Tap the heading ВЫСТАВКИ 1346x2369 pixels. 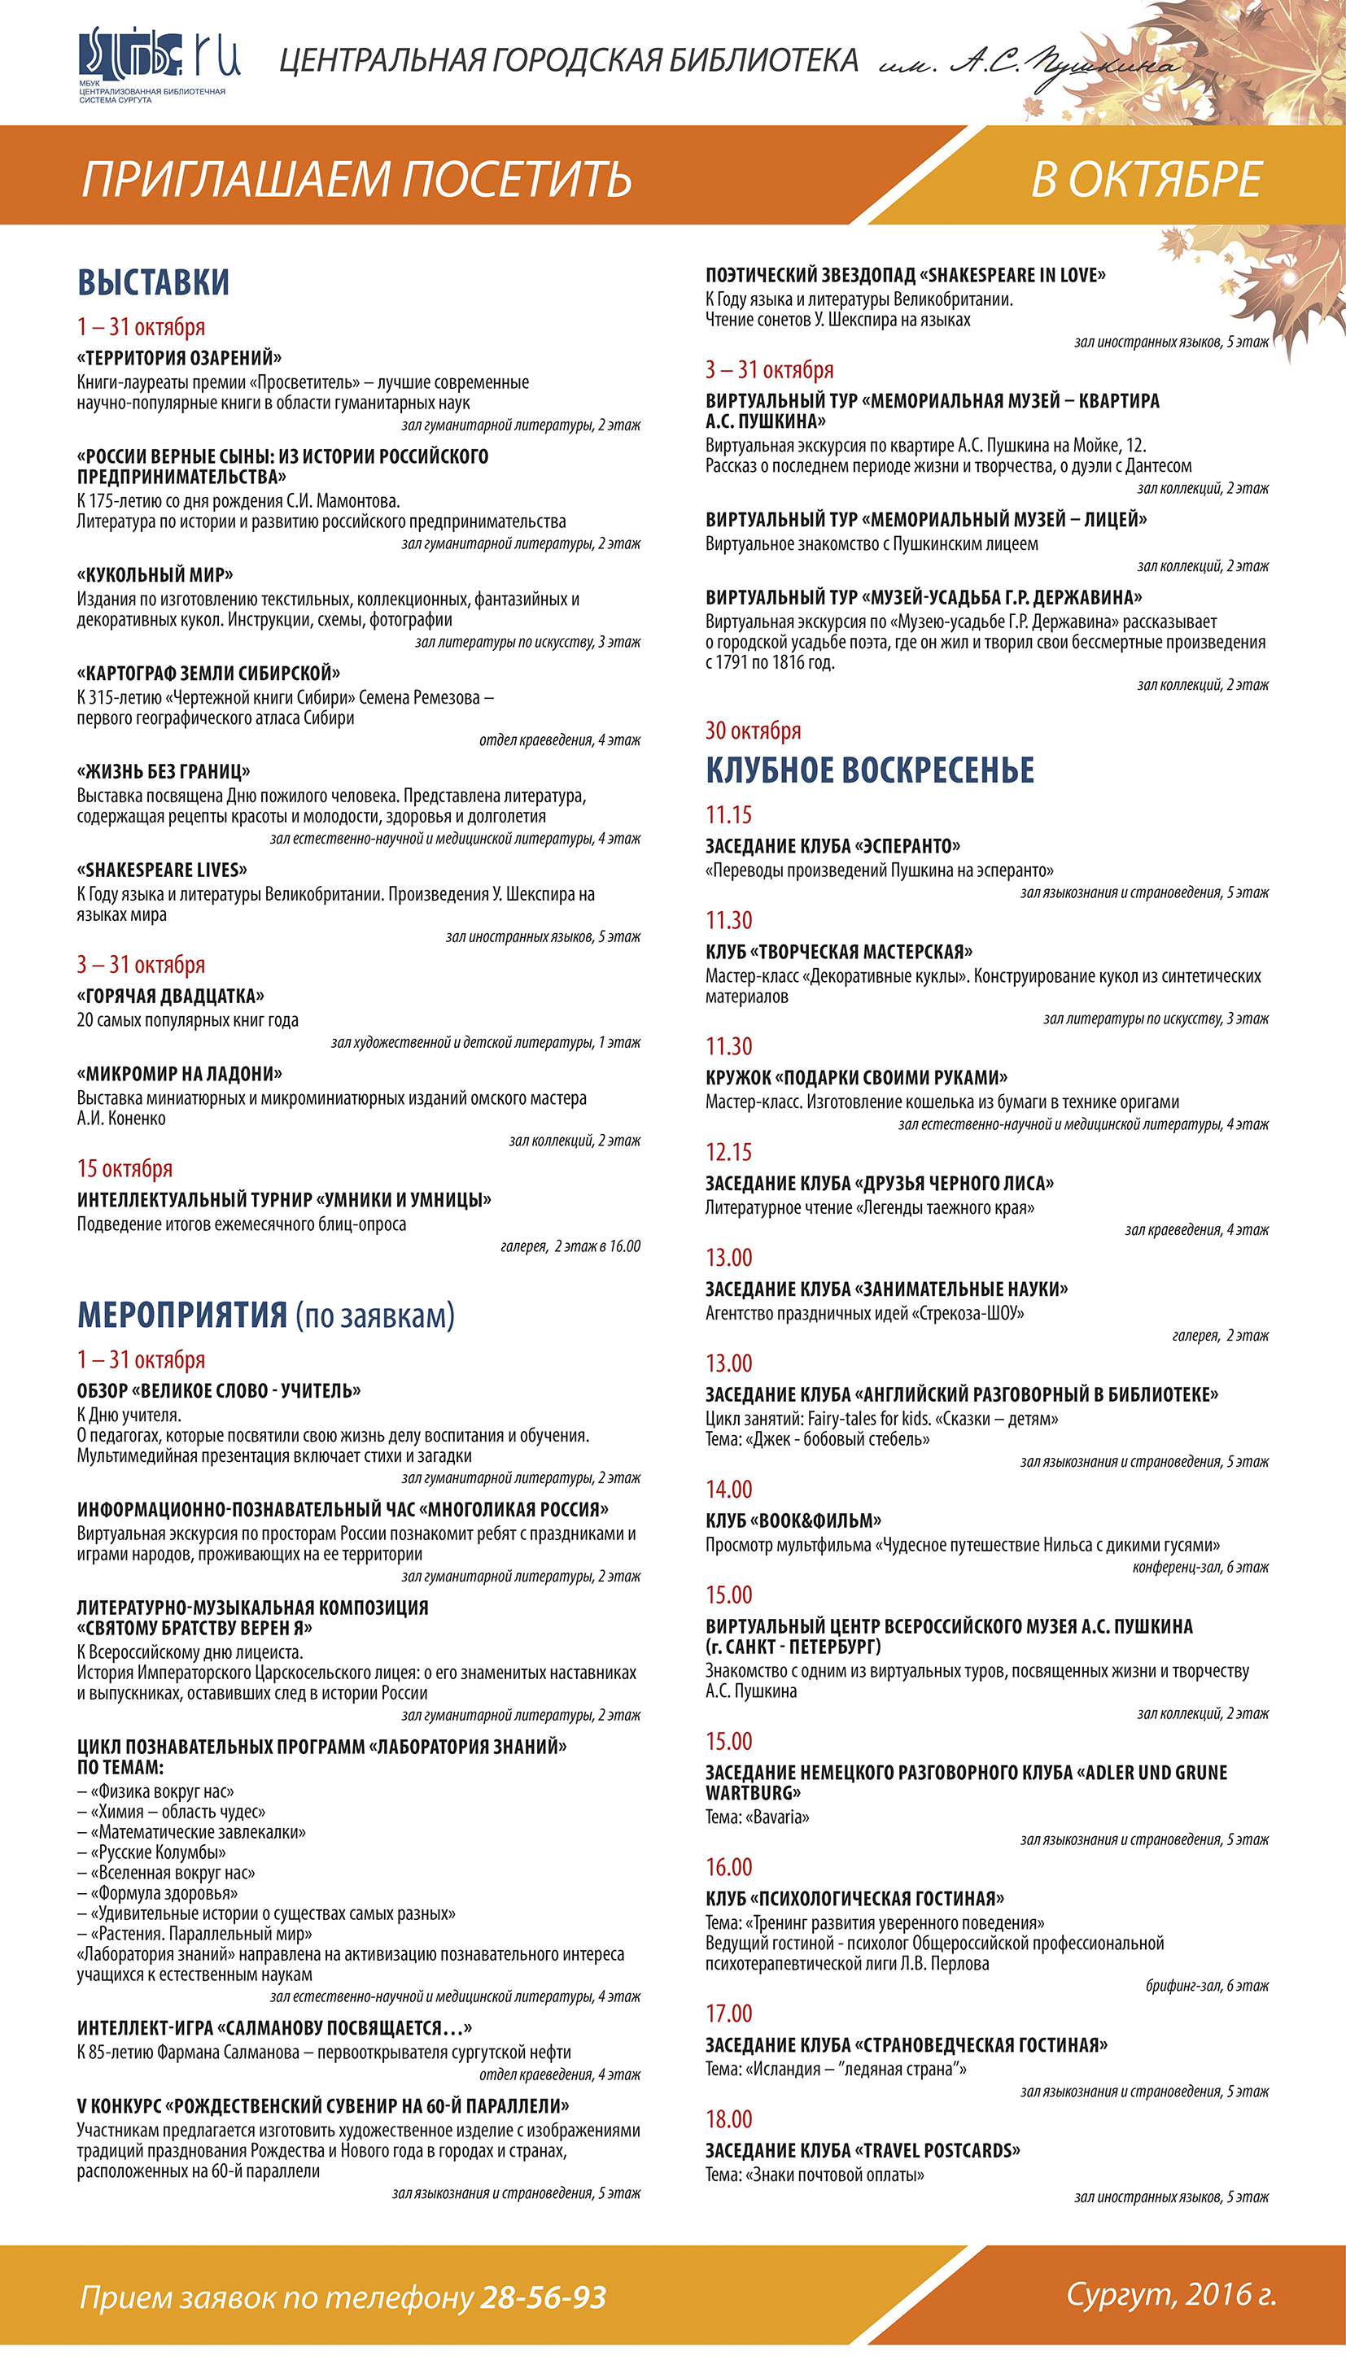154,281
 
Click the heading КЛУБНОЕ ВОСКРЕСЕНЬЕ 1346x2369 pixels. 869,770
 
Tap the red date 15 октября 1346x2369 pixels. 125,1169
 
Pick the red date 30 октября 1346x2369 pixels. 753,731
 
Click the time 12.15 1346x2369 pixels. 728,1152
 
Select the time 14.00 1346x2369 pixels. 728,1490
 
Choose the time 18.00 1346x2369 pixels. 728,2118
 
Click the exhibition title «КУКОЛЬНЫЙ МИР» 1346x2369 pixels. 155,574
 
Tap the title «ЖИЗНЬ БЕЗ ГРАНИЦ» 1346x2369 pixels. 164,771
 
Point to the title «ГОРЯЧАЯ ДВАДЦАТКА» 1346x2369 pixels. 171,996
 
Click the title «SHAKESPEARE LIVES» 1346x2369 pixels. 163,870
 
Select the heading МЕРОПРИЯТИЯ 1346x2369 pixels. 182,1315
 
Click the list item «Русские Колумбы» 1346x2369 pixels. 158,1852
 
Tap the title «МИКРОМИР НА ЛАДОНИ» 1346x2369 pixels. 181,1074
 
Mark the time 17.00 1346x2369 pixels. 728,2013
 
